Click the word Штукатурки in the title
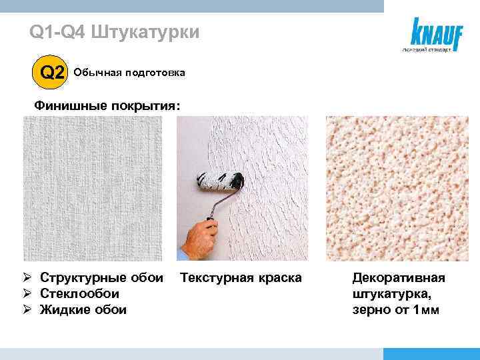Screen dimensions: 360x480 [x=144, y=32]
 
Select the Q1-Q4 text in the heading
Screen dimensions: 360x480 [x=57, y=32]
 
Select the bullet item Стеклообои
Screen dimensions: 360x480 [x=79, y=293]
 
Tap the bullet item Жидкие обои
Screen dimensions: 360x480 [x=83, y=309]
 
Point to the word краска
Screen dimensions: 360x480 [x=279, y=277]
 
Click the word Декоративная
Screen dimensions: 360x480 [x=399, y=277]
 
